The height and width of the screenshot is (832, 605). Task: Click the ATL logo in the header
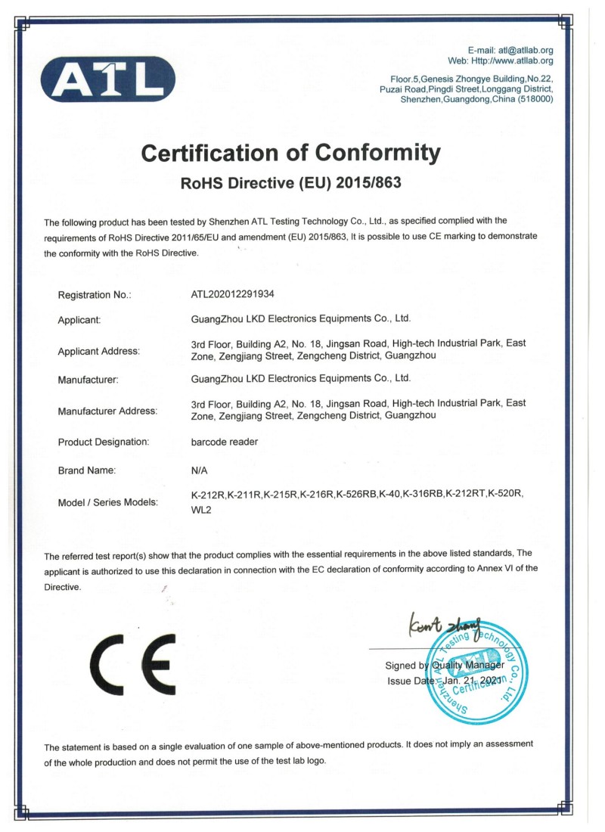coord(108,78)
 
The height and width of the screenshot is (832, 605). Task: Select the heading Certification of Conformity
coord(291,154)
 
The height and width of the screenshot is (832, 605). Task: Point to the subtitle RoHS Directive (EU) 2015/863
coord(291,183)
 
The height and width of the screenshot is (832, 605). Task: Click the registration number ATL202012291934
coord(239,294)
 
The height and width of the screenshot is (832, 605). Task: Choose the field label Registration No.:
coord(95,295)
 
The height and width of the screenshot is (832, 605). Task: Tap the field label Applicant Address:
coord(99,351)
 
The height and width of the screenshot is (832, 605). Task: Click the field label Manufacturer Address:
coord(107,411)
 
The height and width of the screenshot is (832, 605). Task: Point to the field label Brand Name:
coord(87,470)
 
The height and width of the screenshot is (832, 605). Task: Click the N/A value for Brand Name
coord(200,470)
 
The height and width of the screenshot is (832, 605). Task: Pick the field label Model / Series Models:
coord(108,502)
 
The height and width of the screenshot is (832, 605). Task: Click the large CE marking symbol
coord(133,665)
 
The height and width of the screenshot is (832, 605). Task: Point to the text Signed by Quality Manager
coord(444,666)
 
